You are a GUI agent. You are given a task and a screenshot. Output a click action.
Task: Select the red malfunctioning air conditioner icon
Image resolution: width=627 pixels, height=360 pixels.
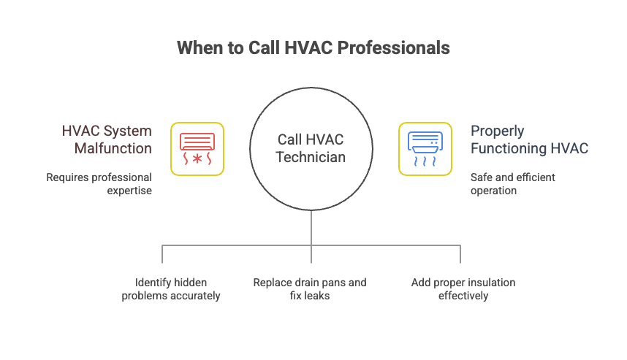(197, 149)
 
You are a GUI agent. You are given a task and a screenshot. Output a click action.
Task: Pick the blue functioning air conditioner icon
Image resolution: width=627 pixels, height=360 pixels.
(425, 149)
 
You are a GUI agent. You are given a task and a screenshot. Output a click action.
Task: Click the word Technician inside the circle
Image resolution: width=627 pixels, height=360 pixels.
(311, 156)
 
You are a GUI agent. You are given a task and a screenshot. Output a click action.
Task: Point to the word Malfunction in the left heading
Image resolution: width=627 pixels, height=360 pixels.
(113, 148)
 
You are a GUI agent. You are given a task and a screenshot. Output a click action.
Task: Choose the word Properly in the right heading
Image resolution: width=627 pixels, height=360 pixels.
(497, 131)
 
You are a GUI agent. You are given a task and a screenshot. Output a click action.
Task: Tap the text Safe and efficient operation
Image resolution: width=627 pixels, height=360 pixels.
(512, 184)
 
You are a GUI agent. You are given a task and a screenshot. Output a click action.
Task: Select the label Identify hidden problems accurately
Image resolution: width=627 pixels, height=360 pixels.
(171, 289)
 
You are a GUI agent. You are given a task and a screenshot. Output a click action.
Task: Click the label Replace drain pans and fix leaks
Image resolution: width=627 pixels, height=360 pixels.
(310, 289)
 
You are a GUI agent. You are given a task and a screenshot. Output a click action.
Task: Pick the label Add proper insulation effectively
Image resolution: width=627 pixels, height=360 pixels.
(463, 289)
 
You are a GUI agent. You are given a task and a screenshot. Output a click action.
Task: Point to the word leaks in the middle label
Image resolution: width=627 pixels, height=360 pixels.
(322, 296)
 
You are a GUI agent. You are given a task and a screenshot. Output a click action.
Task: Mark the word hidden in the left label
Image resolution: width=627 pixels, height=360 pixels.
(192, 283)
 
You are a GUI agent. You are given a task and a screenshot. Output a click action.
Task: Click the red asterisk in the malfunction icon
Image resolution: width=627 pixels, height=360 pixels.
(197, 158)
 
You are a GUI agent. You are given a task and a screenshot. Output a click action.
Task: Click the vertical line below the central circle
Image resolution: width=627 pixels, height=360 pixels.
(311, 226)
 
